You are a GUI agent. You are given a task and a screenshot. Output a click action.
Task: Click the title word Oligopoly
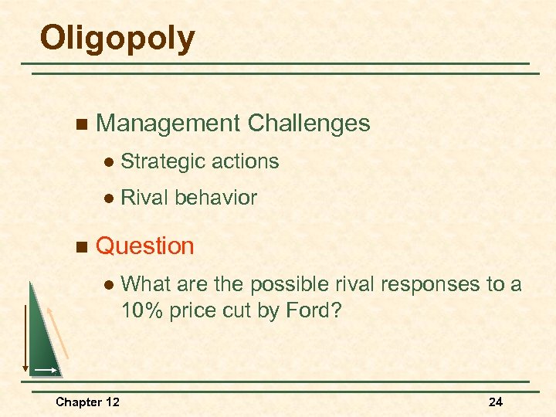click(x=117, y=39)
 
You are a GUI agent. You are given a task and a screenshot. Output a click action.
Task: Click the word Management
click(x=168, y=124)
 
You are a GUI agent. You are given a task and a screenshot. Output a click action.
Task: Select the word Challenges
click(x=309, y=124)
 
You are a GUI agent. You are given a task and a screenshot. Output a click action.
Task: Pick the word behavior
click(x=215, y=198)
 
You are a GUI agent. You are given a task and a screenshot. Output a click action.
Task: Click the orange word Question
click(x=145, y=246)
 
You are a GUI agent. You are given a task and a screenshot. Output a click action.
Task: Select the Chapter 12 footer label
click(x=87, y=402)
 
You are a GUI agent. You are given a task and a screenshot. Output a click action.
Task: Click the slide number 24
click(x=495, y=402)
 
